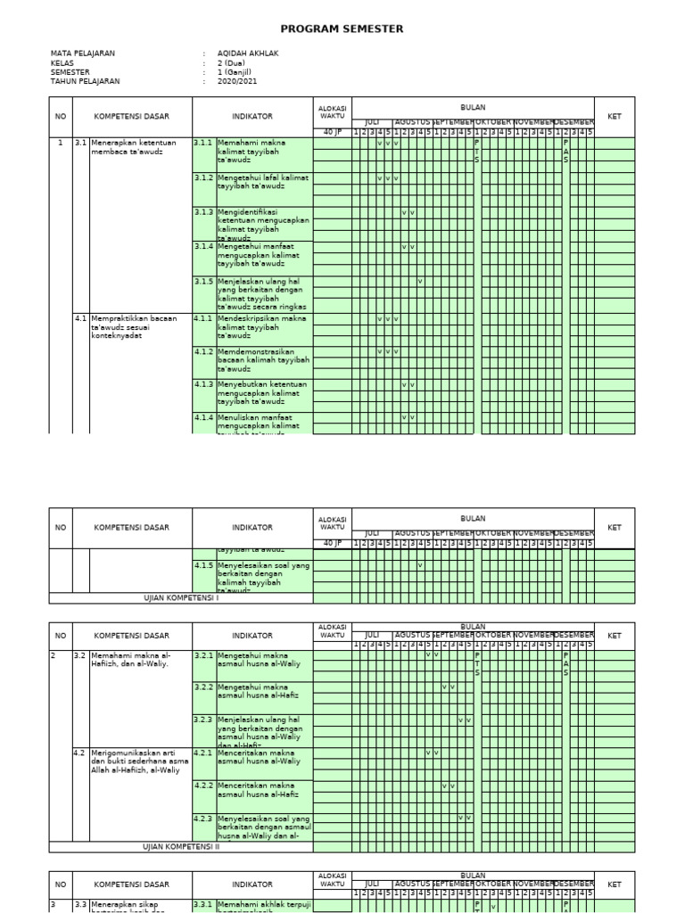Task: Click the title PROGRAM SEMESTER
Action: tap(342, 29)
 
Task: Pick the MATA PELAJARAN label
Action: tap(83, 53)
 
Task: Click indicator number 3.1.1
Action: tap(203, 143)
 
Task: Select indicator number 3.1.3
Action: tap(203, 212)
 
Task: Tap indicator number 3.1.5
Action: tap(203, 281)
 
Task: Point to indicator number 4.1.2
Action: tap(203, 351)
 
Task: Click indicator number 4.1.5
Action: tap(203, 565)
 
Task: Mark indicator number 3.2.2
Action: tap(203, 687)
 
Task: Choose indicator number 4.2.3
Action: tap(203, 818)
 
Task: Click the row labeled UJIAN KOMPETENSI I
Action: tap(181, 598)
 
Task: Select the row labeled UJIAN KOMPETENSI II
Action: tap(181, 847)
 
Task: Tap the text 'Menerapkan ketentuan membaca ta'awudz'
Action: tap(134, 147)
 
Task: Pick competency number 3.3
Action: tap(80, 904)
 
